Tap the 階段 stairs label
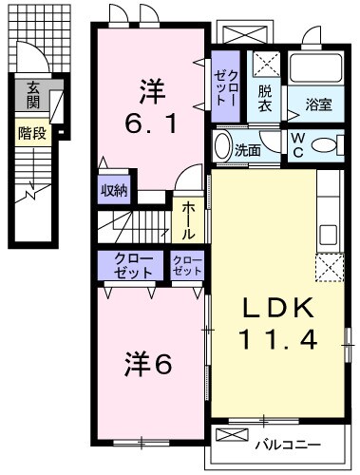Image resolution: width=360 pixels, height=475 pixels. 32,134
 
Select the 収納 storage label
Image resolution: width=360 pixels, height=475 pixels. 115,188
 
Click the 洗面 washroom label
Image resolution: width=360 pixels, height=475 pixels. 250,149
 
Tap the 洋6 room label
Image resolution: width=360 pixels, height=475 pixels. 149,365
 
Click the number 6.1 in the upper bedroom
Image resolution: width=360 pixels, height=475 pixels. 149,123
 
